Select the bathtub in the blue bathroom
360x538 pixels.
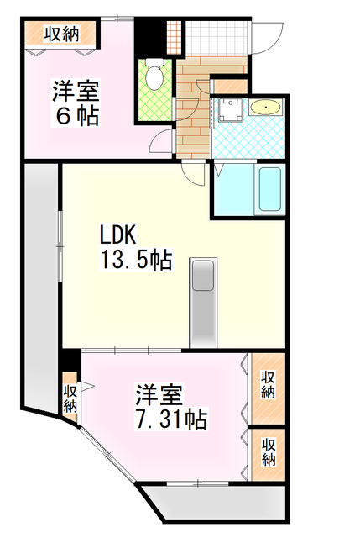tap(269, 190)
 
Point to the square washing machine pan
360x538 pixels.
tap(229, 110)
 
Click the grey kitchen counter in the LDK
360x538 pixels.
tap(204, 303)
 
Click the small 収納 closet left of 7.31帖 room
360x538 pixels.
tap(70, 395)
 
